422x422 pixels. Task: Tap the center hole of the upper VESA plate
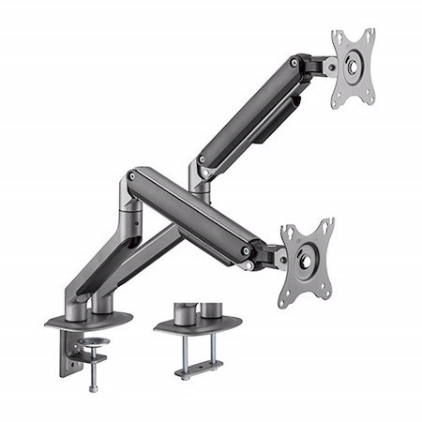point(354,67)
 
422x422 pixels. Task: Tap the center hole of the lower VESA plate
point(307,262)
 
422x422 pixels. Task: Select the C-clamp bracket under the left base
point(71,352)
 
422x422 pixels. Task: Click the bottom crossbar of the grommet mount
point(199,370)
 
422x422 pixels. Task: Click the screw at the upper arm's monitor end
point(294,64)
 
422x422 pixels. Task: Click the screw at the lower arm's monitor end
point(246,251)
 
